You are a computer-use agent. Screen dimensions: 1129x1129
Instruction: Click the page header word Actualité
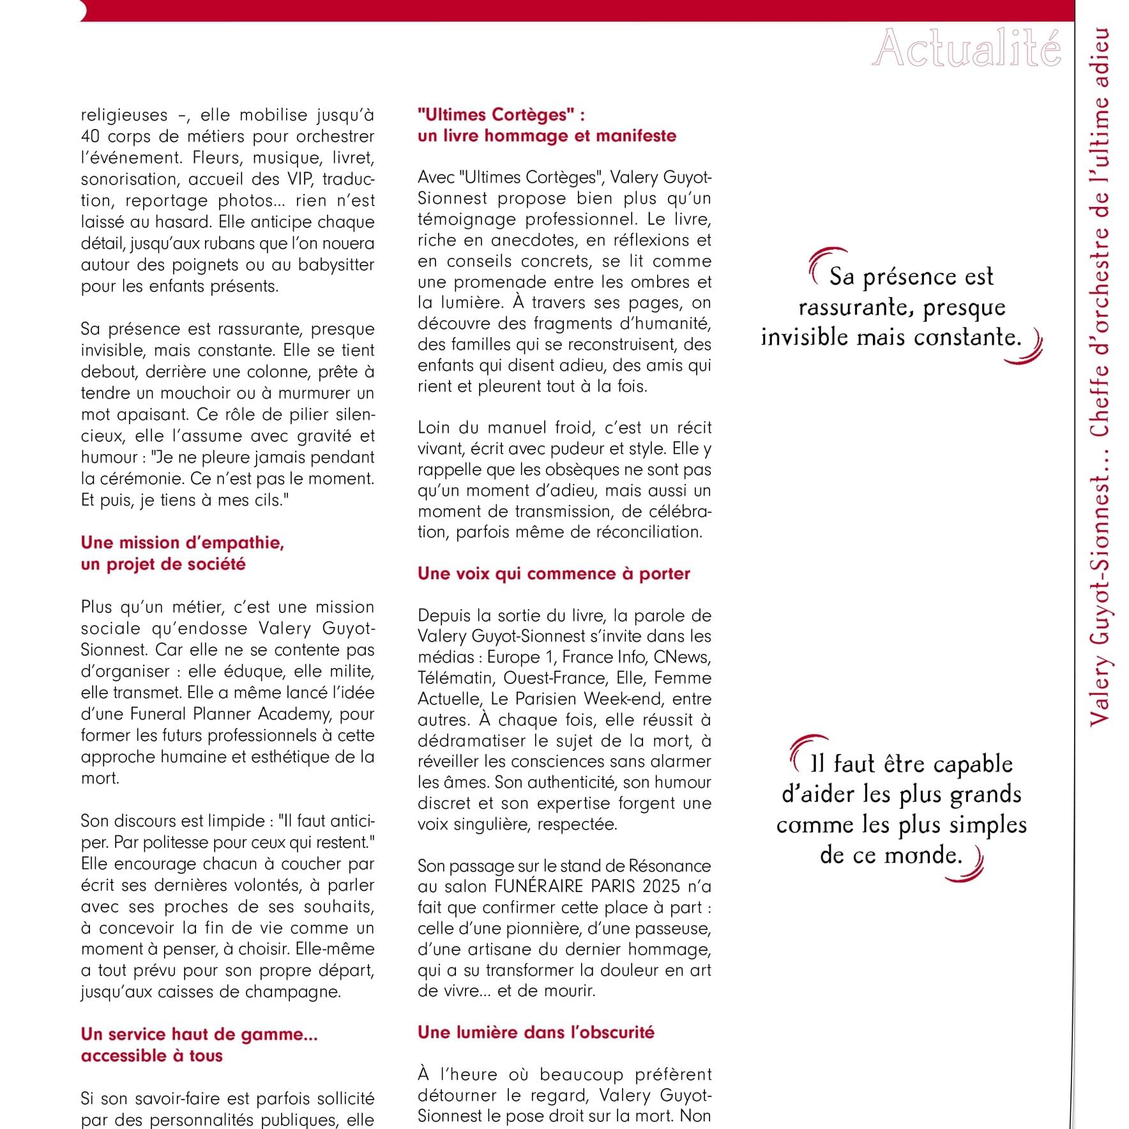[x=966, y=49]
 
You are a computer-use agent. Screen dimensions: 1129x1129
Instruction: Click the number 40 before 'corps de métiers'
[x=89, y=137]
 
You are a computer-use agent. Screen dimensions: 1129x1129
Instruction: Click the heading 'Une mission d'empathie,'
[x=182, y=543]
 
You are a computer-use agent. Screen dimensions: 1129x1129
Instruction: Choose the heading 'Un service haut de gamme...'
[x=199, y=1034]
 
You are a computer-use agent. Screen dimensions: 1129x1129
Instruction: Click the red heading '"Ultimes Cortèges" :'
[x=501, y=115]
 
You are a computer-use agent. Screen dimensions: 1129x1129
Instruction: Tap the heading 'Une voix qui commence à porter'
[x=554, y=573]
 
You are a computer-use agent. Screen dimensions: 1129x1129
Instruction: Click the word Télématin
[x=456, y=678]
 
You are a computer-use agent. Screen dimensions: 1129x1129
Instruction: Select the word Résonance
[x=669, y=866]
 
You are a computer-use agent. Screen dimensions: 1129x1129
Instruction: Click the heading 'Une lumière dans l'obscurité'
[x=536, y=1033]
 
